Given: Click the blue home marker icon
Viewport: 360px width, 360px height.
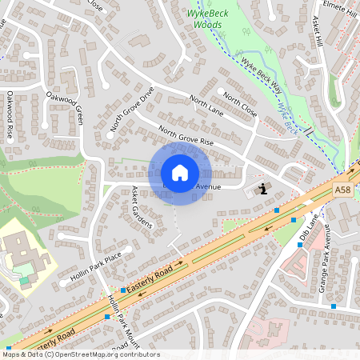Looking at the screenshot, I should point(180,173).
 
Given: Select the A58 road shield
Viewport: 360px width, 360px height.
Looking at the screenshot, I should point(343,190).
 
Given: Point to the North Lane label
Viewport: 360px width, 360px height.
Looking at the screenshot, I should point(206,105).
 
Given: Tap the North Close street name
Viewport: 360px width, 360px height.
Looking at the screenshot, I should point(240,105).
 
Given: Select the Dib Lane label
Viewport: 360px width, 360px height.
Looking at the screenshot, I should point(308,225).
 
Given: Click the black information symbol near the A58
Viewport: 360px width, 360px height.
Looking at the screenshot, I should point(263,189).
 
